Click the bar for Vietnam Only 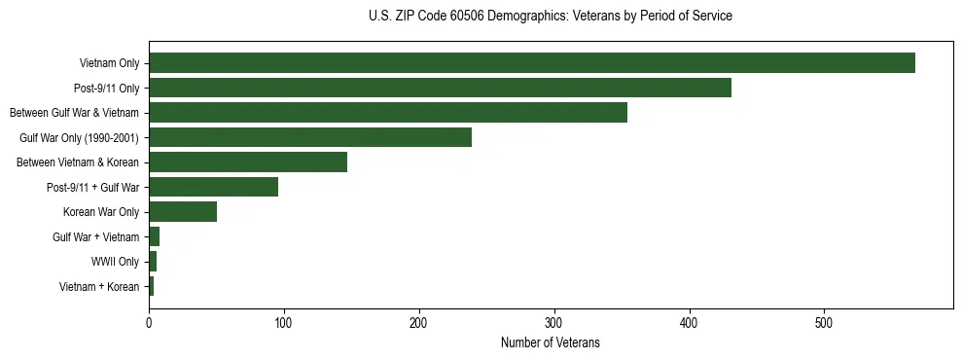tap(532, 63)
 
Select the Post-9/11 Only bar tap(440, 88)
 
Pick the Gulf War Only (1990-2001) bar tap(310, 137)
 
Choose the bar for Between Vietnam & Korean tap(248, 162)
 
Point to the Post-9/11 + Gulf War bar tap(213, 187)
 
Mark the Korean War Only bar tap(183, 212)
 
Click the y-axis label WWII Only tap(115, 262)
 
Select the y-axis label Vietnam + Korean tap(99, 287)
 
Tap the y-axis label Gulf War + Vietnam tap(96, 237)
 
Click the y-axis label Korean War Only tap(101, 212)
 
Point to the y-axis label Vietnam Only tap(109, 63)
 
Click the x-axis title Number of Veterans tap(551, 342)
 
